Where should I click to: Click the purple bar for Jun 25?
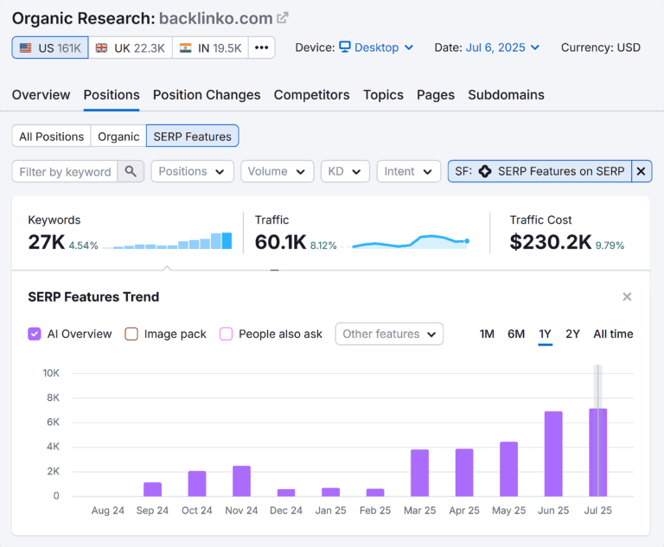tap(553, 454)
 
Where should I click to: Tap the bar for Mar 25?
tap(419, 473)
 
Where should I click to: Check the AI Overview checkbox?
tap(35, 334)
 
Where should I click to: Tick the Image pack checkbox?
tap(131, 334)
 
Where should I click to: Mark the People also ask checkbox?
tap(227, 334)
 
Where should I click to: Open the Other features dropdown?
tap(389, 334)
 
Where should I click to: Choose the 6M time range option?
tap(516, 334)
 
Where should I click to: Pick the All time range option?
tap(613, 334)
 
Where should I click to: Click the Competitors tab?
tap(311, 95)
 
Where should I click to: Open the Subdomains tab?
tap(506, 95)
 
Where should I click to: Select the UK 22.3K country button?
tap(130, 48)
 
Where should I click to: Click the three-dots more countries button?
tap(261, 48)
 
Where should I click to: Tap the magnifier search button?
tap(131, 171)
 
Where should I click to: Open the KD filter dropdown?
tap(345, 171)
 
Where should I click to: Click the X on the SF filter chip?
tap(641, 171)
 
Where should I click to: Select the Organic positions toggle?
tap(118, 136)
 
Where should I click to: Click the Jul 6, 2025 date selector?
tap(502, 48)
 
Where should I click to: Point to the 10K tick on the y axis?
tap(51, 373)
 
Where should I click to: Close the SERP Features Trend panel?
tap(627, 296)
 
